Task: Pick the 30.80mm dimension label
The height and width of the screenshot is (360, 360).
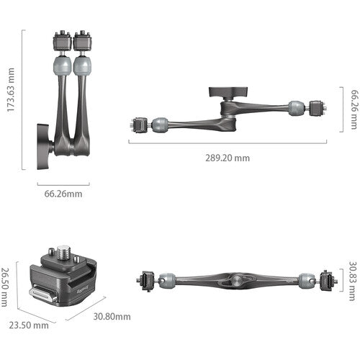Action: pyautogui.click(x=113, y=316)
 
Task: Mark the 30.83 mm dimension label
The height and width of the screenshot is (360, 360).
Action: pyautogui.click(x=352, y=279)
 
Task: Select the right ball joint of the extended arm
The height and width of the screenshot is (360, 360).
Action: pyautogui.click(x=295, y=109)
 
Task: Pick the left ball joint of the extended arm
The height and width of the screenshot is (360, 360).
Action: pyautogui.click(x=160, y=124)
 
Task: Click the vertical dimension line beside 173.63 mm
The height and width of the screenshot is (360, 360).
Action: pyautogui.click(x=24, y=99)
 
